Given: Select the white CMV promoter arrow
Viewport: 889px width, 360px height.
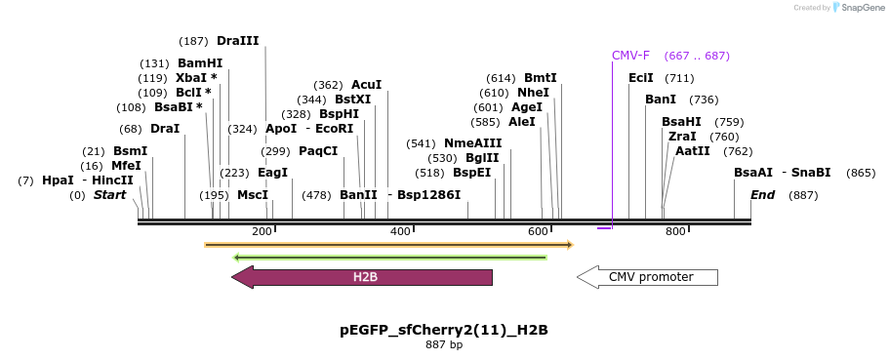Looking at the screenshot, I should click(648, 277).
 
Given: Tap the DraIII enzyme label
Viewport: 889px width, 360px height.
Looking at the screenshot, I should click(238, 41).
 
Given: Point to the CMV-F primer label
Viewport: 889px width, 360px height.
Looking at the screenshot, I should click(630, 56).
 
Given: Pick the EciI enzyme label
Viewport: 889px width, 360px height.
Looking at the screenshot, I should click(641, 78).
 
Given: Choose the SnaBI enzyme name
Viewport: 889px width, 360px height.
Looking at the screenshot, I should click(811, 173).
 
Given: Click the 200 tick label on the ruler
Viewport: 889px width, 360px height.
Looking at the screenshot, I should click(262, 231).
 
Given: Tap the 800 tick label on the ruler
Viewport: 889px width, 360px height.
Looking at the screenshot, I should click(675, 231).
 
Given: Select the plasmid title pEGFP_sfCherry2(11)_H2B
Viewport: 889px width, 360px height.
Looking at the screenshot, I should click(444, 330).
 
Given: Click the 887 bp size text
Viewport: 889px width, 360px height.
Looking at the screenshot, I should click(444, 344).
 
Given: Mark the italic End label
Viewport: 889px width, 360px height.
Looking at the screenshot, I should click(762, 195).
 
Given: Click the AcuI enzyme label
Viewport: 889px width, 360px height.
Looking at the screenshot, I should click(367, 85).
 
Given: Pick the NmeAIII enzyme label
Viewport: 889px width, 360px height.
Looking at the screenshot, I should click(472, 143).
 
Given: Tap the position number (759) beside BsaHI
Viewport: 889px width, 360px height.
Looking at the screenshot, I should click(729, 122).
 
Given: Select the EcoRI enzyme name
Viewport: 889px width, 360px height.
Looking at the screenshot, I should click(335, 129).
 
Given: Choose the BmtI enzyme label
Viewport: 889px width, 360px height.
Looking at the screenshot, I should click(541, 78).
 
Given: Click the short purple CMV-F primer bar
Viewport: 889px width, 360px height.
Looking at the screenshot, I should click(604, 228).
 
